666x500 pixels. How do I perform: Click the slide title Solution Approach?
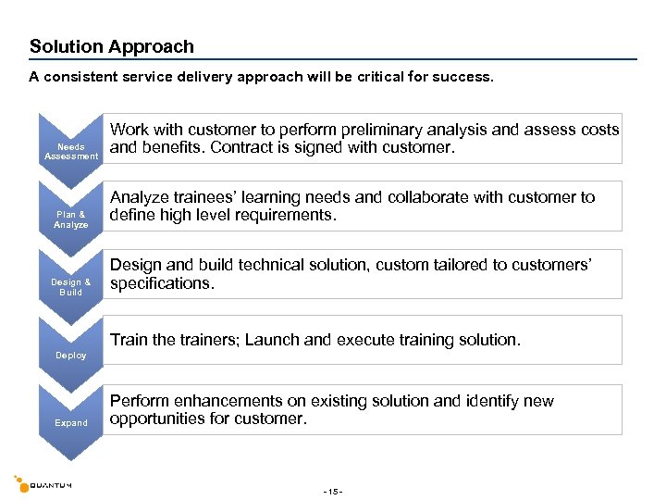(x=112, y=46)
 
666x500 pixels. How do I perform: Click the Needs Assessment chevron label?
(x=71, y=152)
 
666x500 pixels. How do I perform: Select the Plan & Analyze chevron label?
(x=71, y=219)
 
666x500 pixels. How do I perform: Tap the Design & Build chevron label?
(x=71, y=287)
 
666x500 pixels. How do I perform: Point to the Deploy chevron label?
(x=71, y=356)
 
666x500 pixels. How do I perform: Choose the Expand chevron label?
(x=71, y=423)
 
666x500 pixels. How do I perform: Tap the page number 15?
(x=333, y=491)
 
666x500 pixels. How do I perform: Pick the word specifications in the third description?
(x=162, y=283)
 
